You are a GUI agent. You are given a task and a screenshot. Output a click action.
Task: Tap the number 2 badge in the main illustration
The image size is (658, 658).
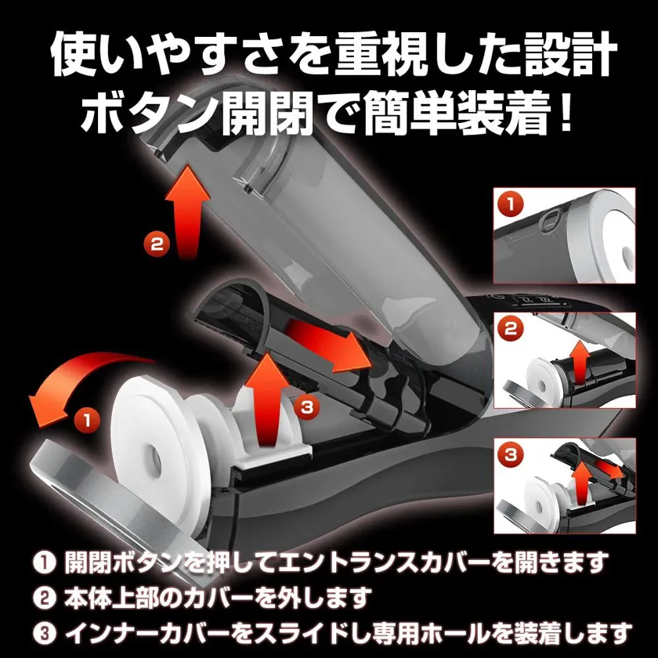coord(157,244)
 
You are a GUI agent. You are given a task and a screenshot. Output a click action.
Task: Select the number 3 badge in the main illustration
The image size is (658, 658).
coord(307,407)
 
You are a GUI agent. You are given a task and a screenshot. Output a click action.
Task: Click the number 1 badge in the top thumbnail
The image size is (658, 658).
coord(510,205)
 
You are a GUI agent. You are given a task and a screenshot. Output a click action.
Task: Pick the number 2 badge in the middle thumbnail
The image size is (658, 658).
coord(510,328)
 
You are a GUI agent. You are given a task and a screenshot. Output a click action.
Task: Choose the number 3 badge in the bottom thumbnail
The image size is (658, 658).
coord(510,454)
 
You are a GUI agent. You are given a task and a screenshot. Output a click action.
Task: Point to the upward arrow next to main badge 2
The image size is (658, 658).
coord(187,212)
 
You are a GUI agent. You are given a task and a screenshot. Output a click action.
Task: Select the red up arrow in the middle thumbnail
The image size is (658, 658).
coord(580,362)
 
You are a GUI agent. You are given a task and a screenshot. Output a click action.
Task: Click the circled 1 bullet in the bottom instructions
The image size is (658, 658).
coord(44,562)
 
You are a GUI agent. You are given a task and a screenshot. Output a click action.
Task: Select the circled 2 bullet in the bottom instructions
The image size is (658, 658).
coord(44,598)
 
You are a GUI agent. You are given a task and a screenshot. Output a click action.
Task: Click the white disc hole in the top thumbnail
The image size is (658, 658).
coord(627,254)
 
